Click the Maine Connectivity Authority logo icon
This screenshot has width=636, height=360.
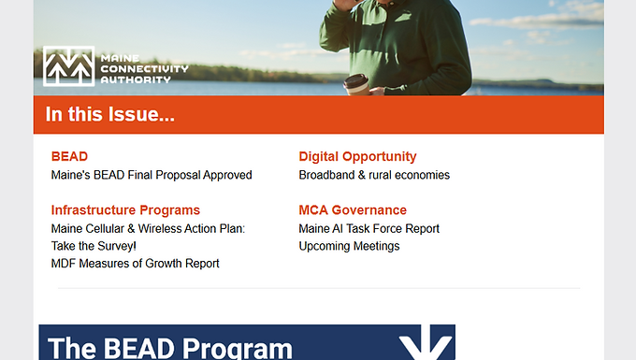[x=68, y=66]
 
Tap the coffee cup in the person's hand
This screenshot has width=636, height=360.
[x=355, y=86]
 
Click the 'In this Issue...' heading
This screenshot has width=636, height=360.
[x=110, y=115]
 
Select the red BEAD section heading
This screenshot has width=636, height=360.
[x=69, y=156]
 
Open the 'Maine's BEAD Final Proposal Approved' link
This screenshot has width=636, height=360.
[x=152, y=175]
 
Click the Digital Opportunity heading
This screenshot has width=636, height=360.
[x=357, y=156]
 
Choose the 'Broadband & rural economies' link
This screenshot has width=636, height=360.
[x=374, y=175]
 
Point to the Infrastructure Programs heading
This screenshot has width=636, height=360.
[x=125, y=209]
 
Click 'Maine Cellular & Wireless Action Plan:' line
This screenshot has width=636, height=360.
[x=148, y=228]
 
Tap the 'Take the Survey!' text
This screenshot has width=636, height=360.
[x=94, y=246]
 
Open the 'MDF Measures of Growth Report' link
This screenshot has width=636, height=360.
[x=135, y=264]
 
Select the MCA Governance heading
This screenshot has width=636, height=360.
[x=353, y=209]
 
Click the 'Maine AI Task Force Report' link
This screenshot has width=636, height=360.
[x=369, y=228]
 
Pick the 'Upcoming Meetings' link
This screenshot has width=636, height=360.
[x=349, y=246]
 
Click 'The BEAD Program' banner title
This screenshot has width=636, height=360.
[x=169, y=348]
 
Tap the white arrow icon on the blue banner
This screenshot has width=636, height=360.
[x=426, y=343]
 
